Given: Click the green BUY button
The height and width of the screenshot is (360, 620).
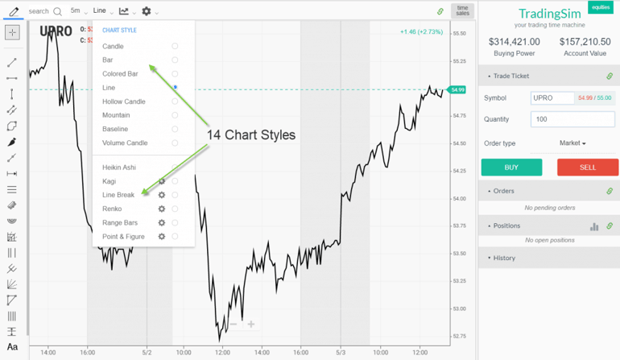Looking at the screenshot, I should coord(511,167).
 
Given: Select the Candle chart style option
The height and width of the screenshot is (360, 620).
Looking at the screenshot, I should coord(114,47).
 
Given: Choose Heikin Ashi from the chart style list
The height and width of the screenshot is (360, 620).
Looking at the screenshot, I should coord(119,168).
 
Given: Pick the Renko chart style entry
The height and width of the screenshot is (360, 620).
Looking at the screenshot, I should coord(113,209).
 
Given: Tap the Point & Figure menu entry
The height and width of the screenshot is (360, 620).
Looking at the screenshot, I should coord(123,236).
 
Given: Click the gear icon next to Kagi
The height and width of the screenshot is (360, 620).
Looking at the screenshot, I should coord(162,181).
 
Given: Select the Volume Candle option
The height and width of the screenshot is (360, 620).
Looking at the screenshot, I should coord(125,143).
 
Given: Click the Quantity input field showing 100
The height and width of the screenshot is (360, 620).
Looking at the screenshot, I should coord(572,119).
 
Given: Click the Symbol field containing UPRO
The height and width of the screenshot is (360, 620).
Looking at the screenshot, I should coord(552,97).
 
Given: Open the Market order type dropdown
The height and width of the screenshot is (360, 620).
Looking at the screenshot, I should coord(572,143).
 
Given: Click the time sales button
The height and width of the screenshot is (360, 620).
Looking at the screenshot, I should coord(462,10).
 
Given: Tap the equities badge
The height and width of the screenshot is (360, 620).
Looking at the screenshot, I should coord(600,6).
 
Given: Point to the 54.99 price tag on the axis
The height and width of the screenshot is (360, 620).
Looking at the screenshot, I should coord(458,89).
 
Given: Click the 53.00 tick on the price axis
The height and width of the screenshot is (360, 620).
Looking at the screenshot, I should coord(460,308).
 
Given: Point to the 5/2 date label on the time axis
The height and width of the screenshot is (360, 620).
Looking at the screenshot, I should coord(147,352).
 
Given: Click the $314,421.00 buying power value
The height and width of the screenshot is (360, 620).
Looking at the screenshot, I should coord(515,42).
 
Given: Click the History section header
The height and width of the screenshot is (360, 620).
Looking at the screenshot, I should coord(504,258).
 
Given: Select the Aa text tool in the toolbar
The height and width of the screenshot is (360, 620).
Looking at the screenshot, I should coord(12,347).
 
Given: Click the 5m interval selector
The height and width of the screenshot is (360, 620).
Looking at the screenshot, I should coord(76,11).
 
